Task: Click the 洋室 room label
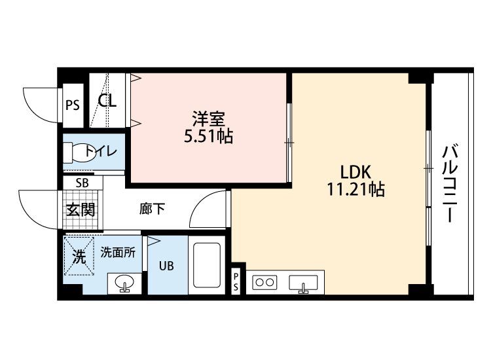209,119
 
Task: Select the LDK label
355,172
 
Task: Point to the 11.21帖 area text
355,190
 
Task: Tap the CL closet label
107,101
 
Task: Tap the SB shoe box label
82,183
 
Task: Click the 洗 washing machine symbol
79,257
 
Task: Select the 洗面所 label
118,252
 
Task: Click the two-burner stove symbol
264,283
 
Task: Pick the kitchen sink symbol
302,283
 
